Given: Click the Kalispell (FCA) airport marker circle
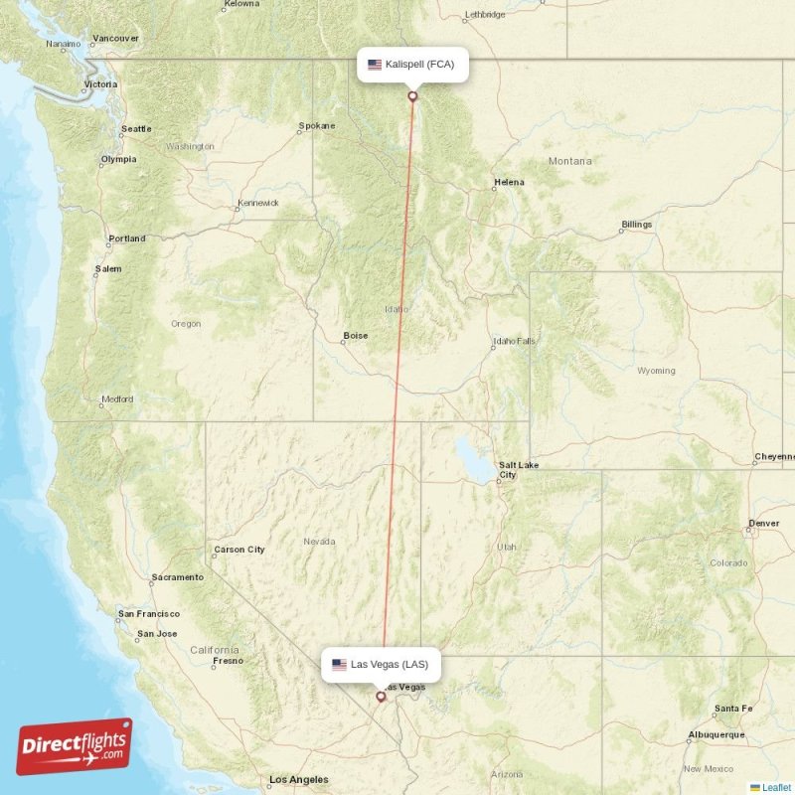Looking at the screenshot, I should point(412,96).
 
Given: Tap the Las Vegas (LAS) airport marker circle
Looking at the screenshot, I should point(381,697).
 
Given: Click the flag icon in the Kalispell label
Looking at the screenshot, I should point(375,65).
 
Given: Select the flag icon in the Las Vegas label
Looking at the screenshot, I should point(340,664).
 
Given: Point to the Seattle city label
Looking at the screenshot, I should point(136,129).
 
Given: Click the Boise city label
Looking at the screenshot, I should point(355,336).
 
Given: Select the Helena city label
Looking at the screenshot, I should point(509,183).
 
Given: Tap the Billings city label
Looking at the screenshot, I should point(636,225).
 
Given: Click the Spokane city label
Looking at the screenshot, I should point(316,126).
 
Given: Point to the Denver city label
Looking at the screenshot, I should point(764,523).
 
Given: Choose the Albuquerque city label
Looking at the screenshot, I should point(715,734).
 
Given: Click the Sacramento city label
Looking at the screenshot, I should point(177,577).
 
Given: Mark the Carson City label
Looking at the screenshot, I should point(238,550).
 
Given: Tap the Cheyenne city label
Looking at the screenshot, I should point(775,457).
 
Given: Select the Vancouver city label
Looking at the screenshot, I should point(115,39).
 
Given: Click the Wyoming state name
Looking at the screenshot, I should point(656,371).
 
